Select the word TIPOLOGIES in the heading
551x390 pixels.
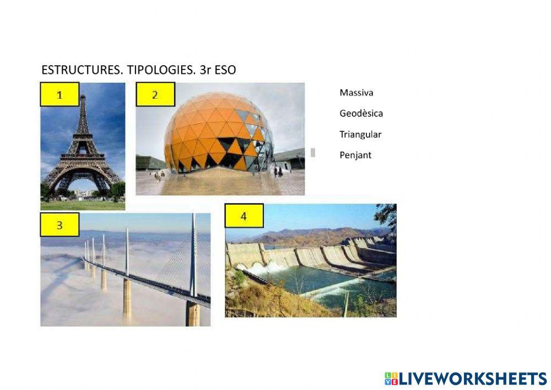[149, 70]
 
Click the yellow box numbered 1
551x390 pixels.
[60, 94]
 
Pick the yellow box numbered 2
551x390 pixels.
[155, 94]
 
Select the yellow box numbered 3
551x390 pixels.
[60, 225]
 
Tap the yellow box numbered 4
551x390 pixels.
[244, 216]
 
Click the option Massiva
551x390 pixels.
[356, 93]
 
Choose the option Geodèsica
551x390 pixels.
[361, 114]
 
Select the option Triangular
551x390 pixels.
[360, 134]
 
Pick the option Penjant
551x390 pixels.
[355, 155]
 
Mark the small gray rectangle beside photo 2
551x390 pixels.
[314, 153]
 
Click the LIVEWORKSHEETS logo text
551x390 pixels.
[473, 378]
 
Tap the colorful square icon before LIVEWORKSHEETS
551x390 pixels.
[391, 378]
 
